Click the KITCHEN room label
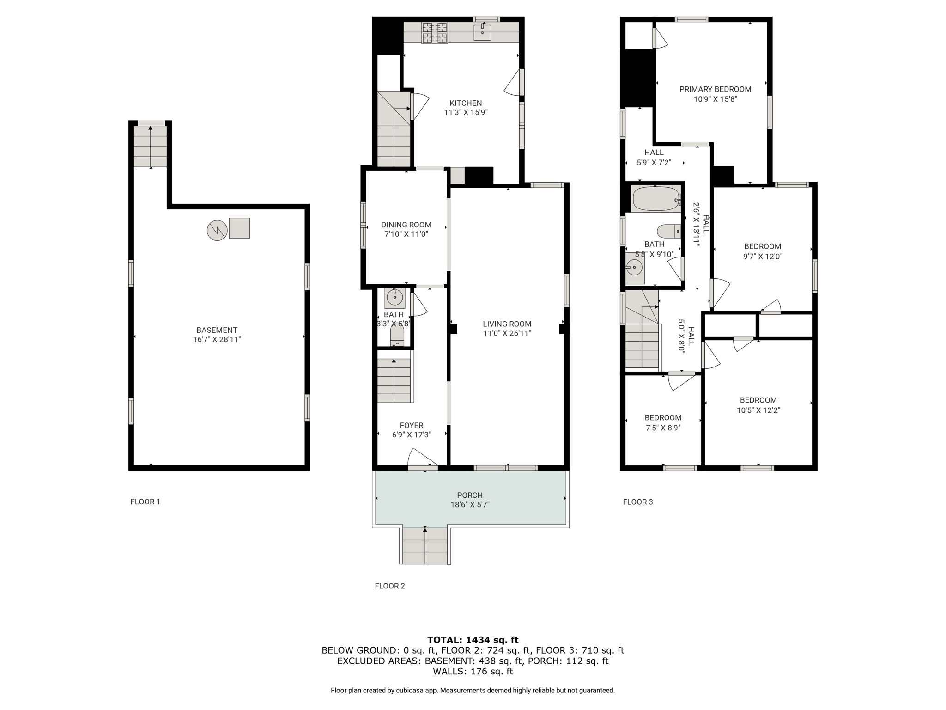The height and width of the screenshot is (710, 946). coord(466,103)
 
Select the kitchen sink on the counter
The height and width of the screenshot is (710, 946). coord(482,32)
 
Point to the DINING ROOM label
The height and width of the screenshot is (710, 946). coord(406,225)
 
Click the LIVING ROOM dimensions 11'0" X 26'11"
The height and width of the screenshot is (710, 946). coord(507,333)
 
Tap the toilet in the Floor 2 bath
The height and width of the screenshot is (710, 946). coord(397,337)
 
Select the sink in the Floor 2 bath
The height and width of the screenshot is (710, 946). coord(395,298)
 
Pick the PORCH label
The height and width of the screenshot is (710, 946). coord(470,495)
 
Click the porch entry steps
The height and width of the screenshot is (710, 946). coord(425,545)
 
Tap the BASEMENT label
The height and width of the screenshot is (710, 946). coord(217,330)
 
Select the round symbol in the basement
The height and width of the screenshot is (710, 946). coord(217,230)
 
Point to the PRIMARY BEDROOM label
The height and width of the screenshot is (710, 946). coord(715,89)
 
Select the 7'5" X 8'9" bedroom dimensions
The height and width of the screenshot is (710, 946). coord(663,428)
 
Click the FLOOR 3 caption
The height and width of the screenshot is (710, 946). coord(638,502)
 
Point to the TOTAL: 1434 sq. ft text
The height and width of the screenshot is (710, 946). coord(473,640)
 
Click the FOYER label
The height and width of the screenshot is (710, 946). coord(412,426)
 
